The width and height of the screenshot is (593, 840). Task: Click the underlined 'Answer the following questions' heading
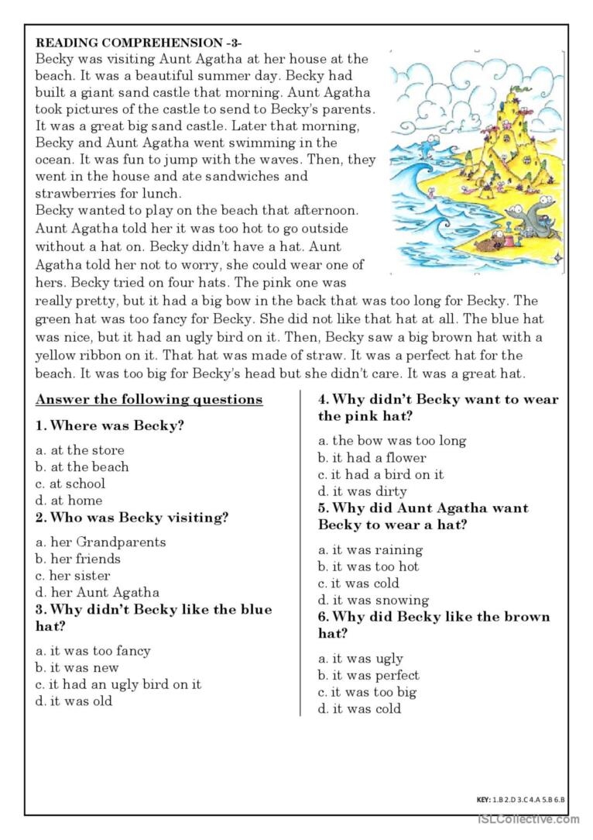click(x=149, y=400)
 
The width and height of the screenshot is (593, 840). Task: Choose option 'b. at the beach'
click(x=82, y=466)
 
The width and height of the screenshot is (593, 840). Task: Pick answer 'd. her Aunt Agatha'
click(x=97, y=592)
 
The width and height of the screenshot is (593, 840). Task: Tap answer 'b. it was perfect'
click(x=368, y=675)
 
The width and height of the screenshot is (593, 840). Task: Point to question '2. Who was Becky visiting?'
click(x=132, y=518)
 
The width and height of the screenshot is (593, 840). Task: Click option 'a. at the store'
click(x=80, y=449)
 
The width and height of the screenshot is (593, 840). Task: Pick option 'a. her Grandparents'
click(x=101, y=542)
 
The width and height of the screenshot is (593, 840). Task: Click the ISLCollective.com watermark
click(x=528, y=819)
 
